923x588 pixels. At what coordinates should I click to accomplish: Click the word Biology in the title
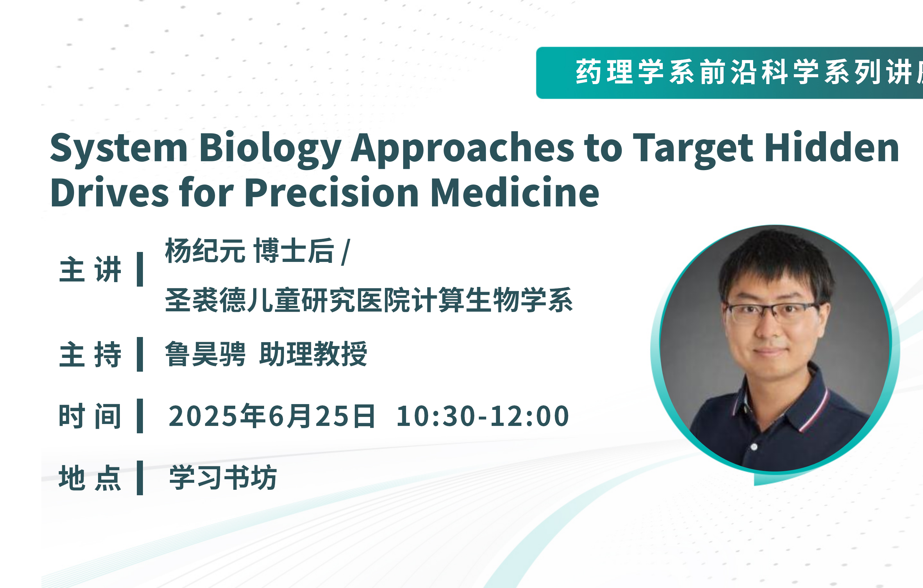[270, 149]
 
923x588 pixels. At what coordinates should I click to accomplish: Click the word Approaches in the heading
[463, 149]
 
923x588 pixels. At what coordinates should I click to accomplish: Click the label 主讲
[90, 269]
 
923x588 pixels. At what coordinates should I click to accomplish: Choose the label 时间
[90, 416]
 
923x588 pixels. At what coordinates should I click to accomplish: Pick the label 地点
[90, 478]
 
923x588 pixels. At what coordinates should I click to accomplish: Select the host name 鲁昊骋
[205, 354]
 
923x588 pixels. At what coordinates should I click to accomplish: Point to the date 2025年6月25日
[272, 416]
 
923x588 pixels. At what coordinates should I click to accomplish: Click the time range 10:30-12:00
[483, 416]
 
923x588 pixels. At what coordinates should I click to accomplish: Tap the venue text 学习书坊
[223, 478]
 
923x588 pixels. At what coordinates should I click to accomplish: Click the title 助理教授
[313, 354]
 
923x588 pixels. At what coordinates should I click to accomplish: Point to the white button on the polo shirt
[754, 447]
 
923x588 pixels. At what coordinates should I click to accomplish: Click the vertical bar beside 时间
[140, 416]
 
